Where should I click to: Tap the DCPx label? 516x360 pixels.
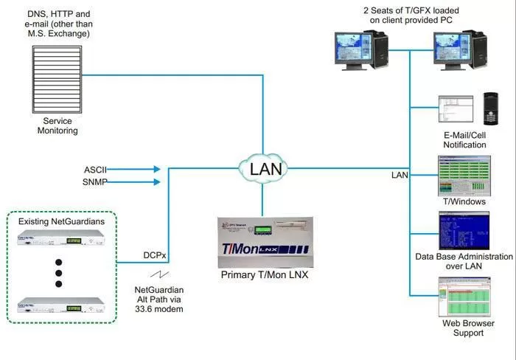156,255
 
